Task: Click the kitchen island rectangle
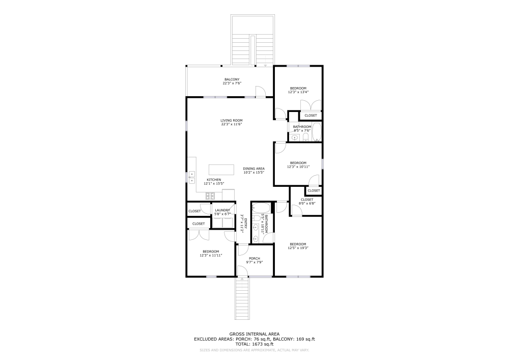tap(221, 170)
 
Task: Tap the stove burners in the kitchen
tap(209, 196)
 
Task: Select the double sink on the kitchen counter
tap(192, 177)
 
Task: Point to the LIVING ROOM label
tap(231, 121)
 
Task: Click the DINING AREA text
tap(253, 169)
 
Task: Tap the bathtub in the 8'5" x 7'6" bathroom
tap(317, 132)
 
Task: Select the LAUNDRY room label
tap(222, 210)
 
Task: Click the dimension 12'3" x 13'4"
tap(298, 92)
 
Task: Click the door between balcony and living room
tap(260, 92)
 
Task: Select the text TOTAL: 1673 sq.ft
tap(254, 343)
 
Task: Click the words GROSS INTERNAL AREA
tap(254, 334)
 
